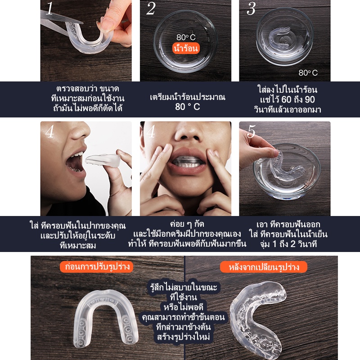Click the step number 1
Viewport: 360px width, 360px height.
49,9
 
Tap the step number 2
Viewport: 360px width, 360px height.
151,9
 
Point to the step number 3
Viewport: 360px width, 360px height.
251,9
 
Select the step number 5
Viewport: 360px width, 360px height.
251,131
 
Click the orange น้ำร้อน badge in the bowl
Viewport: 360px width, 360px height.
186,48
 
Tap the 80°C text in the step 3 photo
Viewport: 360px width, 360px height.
308,73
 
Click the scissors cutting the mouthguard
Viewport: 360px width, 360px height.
60,22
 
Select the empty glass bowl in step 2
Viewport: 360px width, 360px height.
185,41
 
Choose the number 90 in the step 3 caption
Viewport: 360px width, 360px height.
310,99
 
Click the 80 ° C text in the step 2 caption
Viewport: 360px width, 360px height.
187,107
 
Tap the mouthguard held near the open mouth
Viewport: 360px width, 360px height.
103,160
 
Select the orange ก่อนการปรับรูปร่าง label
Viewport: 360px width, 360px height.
97,267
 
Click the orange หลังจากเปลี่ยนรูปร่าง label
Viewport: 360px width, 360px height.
264,267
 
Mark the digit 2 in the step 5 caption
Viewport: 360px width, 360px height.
293,244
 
